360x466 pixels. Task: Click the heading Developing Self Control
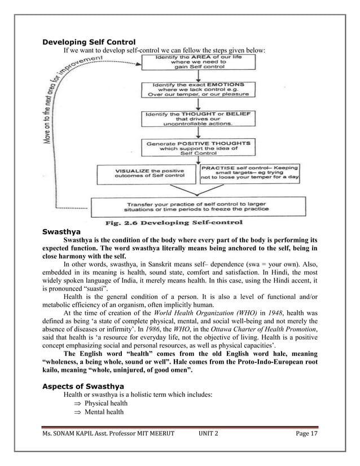click(x=89, y=41)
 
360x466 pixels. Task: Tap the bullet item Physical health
click(x=106, y=403)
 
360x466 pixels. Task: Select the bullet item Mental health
click(x=103, y=412)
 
